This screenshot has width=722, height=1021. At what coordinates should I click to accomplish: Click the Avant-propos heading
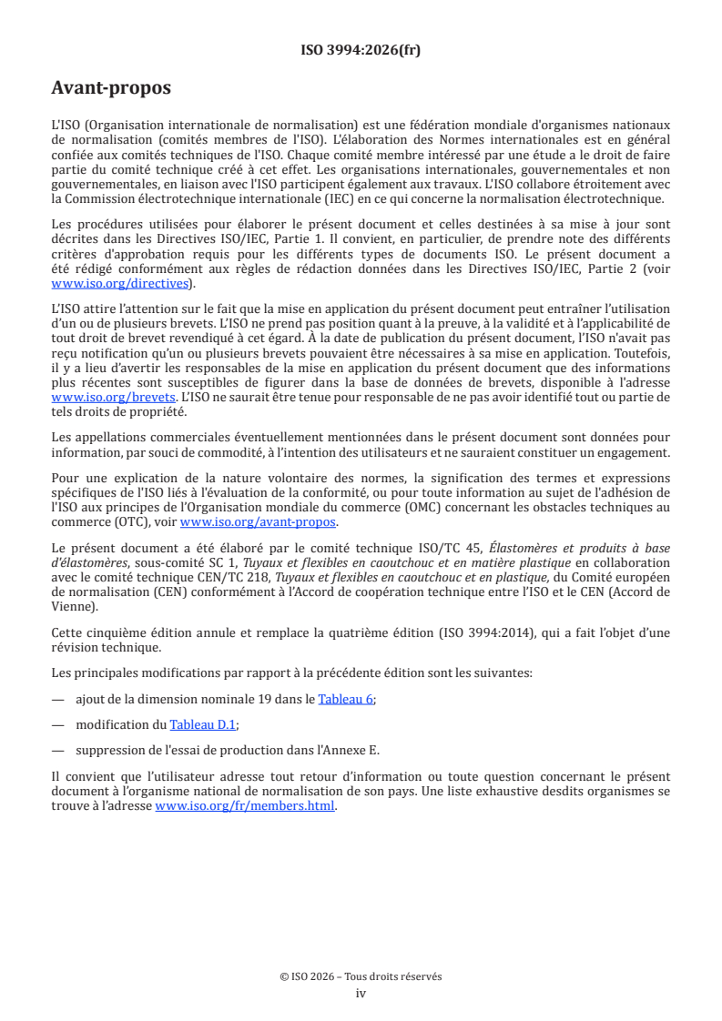tap(111, 88)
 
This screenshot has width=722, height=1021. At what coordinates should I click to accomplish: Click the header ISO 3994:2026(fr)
tap(361, 50)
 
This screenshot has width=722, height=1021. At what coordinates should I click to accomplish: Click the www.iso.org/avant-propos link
tap(258, 522)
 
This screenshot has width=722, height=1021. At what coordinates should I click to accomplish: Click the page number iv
tap(361, 993)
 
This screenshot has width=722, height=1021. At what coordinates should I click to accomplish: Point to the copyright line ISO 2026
tap(361, 976)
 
